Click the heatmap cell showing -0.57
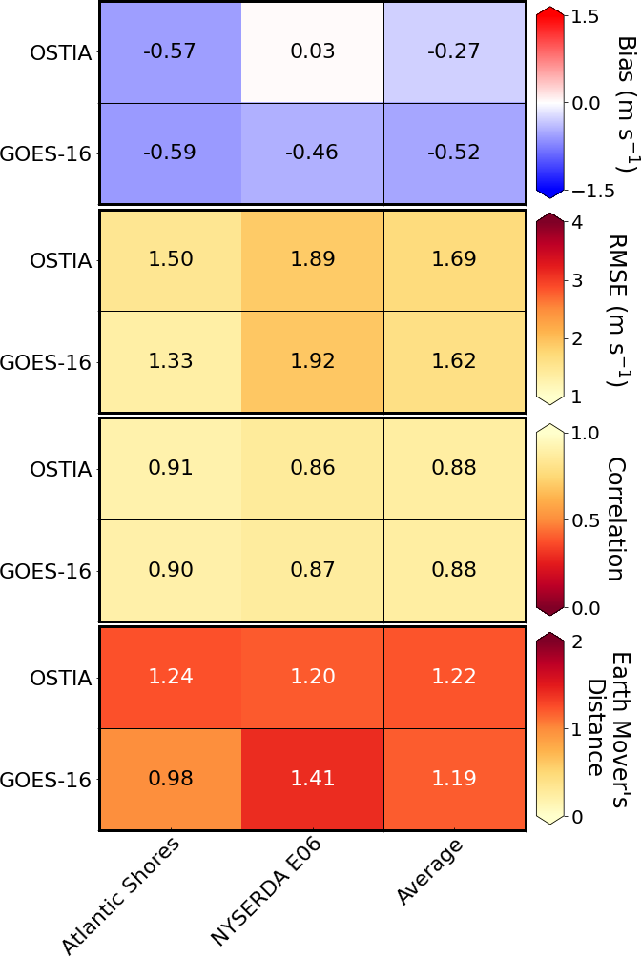(x=170, y=51)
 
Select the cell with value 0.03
(x=312, y=51)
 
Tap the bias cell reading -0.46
(x=312, y=153)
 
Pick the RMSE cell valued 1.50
(x=170, y=259)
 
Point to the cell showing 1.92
(x=312, y=361)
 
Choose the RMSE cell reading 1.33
(x=170, y=361)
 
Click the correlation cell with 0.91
(x=170, y=468)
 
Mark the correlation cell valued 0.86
(x=312, y=468)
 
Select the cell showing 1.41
(x=312, y=779)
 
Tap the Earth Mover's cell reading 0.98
(x=170, y=779)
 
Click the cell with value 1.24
(x=170, y=677)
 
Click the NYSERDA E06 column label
(x=264, y=892)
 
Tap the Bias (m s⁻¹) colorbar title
(x=626, y=103)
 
